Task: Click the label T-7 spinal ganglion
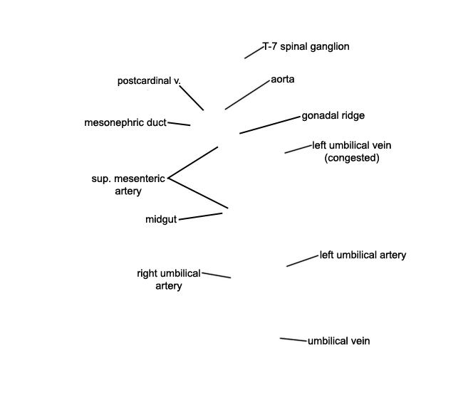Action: tap(306, 46)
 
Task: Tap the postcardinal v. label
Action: tap(149, 81)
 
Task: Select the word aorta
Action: tap(283, 80)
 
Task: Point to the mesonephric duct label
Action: tap(125, 122)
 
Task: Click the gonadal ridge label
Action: tap(333, 115)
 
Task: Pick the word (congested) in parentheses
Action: tap(352, 158)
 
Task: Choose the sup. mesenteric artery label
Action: tap(128, 185)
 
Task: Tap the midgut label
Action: tap(161, 219)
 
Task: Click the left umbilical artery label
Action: tap(363, 255)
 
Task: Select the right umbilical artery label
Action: tap(169, 280)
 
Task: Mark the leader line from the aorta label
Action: tap(247, 95)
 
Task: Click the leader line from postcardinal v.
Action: tap(192, 98)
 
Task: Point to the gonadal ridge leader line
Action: tap(270, 125)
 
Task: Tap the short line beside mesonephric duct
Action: tap(179, 124)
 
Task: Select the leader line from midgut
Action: tap(200, 216)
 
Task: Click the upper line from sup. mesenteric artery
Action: tap(193, 162)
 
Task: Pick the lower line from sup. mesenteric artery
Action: tap(198, 193)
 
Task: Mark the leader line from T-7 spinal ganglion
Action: tap(254, 53)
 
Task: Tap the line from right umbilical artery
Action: tap(217, 275)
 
